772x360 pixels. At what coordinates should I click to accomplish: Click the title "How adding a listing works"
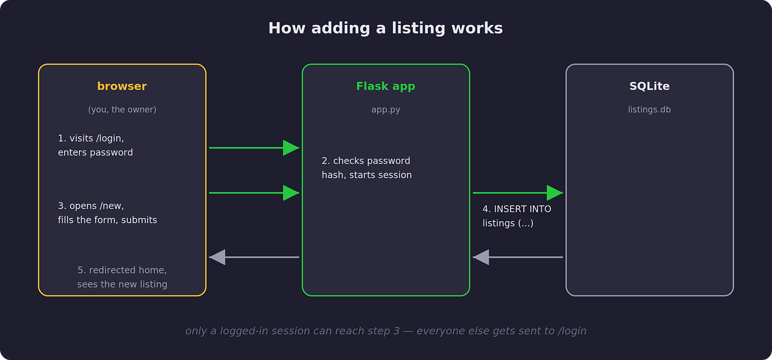385,28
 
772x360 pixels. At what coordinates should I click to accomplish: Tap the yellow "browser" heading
122,86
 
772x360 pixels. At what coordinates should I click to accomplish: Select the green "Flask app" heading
385,86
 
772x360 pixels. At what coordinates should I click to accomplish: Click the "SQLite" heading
650,86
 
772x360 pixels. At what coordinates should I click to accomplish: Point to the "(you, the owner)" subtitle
122,110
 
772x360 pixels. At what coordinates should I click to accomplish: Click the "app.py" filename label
385,110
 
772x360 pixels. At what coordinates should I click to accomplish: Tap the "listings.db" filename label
650,110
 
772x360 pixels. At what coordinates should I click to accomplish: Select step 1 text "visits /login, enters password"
95,145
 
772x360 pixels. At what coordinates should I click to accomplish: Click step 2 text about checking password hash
367,168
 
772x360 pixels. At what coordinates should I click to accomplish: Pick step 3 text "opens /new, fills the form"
108,213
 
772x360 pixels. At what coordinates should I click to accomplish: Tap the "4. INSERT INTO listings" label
516,216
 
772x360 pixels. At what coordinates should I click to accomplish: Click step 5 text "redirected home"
122,277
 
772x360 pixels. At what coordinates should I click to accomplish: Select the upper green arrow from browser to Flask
254,148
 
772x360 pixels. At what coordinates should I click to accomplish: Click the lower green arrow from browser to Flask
254,193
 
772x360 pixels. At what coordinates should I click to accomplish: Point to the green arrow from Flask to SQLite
517,193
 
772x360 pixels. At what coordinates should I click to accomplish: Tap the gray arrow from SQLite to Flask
517,257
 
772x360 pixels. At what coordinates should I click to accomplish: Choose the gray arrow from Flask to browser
254,257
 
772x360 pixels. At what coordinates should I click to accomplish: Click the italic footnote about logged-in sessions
385,331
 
